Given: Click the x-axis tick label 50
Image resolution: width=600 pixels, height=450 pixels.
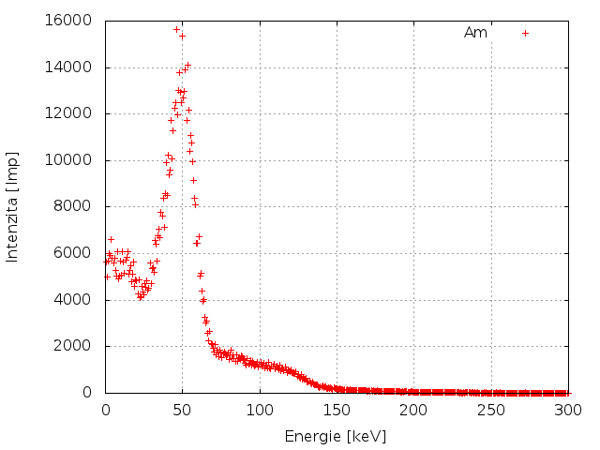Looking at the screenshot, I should (183, 410).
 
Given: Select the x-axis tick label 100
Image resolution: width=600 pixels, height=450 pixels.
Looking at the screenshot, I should (260, 410).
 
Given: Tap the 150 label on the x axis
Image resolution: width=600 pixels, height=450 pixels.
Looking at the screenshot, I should (337, 410).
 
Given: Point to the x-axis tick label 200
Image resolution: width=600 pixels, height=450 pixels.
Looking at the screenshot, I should (413, 410).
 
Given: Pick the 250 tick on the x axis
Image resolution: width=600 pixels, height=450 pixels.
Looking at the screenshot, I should (490, 410).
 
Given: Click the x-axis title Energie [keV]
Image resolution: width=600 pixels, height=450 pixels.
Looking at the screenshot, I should (336, 436).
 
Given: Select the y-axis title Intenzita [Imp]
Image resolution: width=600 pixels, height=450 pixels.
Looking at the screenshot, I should (13, 206).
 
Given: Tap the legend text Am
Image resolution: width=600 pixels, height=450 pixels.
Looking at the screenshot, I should (475, 33).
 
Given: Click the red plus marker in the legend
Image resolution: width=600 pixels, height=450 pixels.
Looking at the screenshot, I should (526, 33).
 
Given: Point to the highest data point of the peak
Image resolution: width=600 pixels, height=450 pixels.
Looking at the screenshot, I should (176, 29).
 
